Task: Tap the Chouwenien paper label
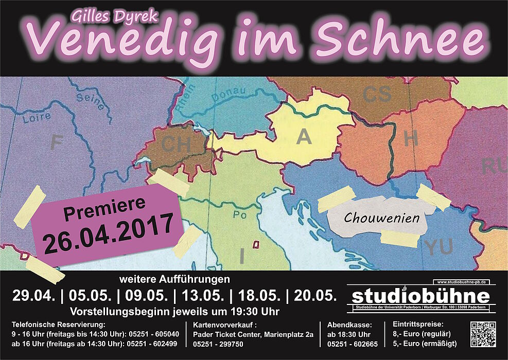tap(381, 218)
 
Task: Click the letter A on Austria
tap(304, 137)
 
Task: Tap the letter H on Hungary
tap(411, 138)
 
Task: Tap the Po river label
tap(240, 215)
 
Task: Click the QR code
tap(483, 334)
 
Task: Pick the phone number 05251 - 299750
tap(218, 345)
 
